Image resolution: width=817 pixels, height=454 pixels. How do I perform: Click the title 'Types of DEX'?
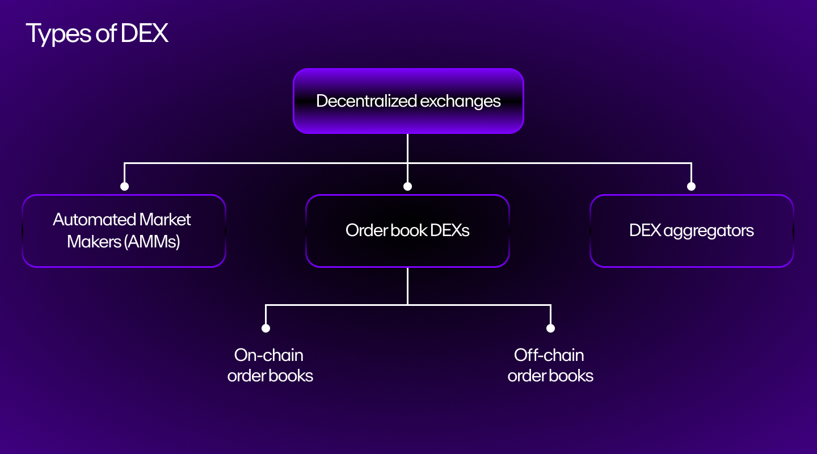97,34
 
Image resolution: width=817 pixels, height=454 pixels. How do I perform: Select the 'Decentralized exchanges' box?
408,101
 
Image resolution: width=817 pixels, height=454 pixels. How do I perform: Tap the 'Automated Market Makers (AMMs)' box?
124,230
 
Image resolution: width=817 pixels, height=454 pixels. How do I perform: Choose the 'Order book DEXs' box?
407,230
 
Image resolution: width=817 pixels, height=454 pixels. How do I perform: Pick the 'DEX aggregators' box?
692,230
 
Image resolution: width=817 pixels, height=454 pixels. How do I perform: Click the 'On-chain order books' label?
269,365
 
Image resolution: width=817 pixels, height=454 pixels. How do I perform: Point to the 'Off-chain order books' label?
550,365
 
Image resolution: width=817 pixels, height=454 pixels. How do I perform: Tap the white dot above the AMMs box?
124,186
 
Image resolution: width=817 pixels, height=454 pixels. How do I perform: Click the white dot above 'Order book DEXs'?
407,186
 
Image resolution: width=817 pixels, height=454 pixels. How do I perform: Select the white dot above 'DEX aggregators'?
691,186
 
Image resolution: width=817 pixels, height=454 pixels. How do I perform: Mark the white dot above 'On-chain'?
266,328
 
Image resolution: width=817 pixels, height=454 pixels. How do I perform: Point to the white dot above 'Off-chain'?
550,328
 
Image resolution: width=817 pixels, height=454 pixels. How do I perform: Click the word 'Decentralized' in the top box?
365,101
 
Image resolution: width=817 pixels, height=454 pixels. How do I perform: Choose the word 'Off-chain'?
549,355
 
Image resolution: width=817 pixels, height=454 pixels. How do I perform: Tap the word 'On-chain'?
269,355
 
